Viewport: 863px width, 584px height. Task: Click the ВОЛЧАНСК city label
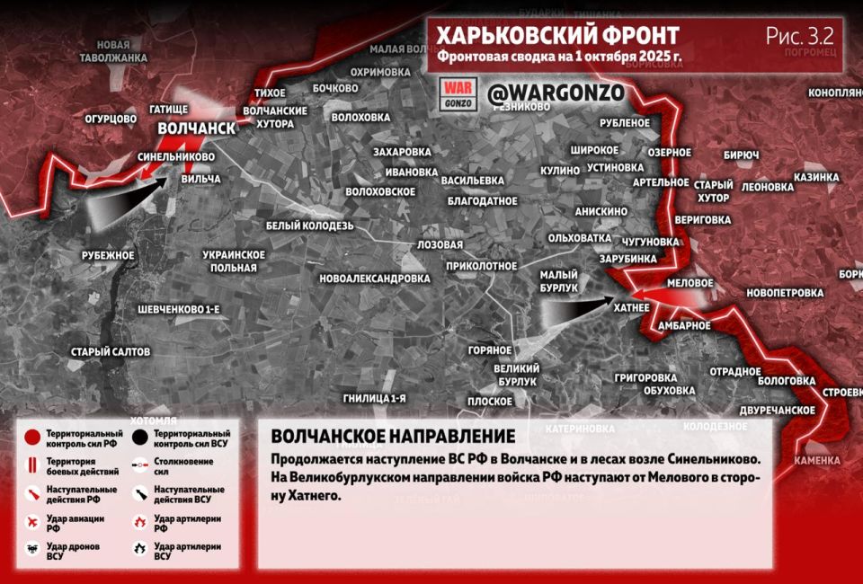(x=196, y=128)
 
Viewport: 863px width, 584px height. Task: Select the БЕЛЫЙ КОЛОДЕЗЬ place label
(x=309, y=225)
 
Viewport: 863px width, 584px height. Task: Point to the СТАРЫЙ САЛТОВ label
(x=111, y=351)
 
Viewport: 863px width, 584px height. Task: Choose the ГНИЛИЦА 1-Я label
(x=375, y=397)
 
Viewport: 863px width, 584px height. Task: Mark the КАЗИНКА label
(x=815, y=177)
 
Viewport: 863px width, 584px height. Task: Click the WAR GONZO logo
(x=458, y=93)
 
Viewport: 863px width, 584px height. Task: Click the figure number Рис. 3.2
(x=799, y=36)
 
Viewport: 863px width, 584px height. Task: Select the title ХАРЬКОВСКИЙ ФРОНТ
(x=557, y=35)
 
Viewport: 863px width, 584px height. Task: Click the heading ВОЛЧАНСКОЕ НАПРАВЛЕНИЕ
(x=393, y=436)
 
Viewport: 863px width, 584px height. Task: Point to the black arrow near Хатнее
(x=575, y=310)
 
